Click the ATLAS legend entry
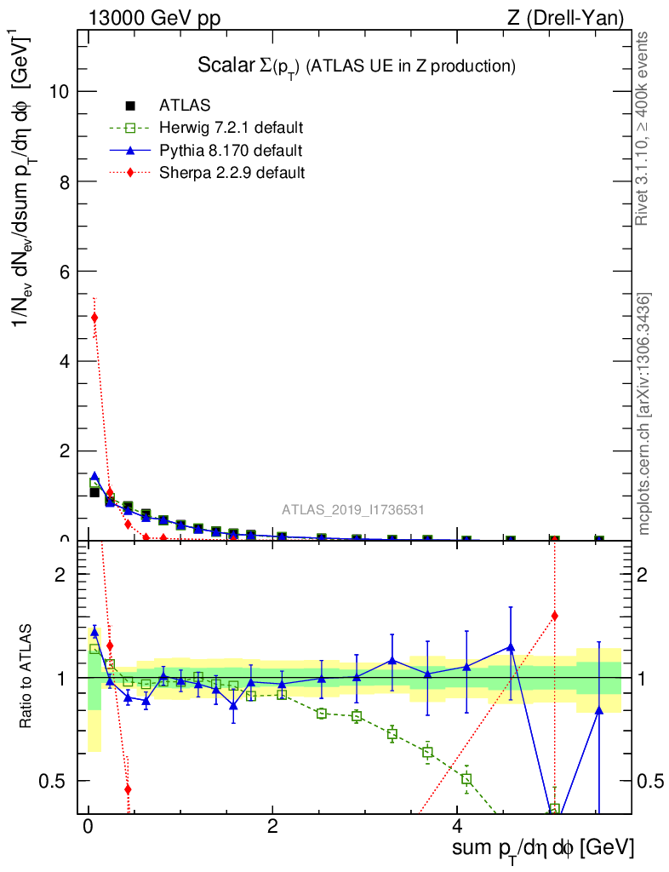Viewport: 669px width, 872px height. pyautogui.click(x=184, y=106)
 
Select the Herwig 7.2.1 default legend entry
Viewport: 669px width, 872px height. pyautogui.click(x=231, y=129)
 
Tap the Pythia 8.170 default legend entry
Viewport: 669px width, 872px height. pyautogui.click(x=230, y=151)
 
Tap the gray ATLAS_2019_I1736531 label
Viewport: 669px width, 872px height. pyautogui.click(x=353, y=510)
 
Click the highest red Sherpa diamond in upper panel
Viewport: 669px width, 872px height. pyautogui.click(x=94, y=318)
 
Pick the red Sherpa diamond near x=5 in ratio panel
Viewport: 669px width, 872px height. pyautogui.click(x=554, y=616)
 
